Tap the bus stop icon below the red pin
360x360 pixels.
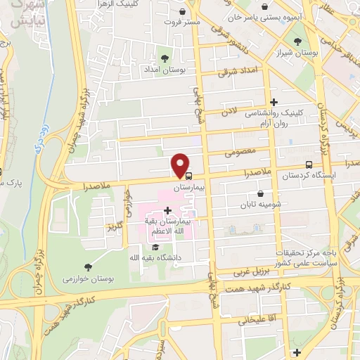click(x=187, y=176)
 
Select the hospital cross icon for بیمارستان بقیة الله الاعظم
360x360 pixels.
click(x=167, y=210)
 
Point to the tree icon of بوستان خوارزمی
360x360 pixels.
click(x=87, y=266)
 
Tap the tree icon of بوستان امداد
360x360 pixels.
click(x=166, y=58)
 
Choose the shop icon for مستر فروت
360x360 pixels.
click(x=184, y=12)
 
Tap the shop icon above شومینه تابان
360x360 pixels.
click(x=260, y=194)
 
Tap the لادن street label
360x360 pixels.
click(x=229, y=112)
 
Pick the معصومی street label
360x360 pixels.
click(x=238, y=150)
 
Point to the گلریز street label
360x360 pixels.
click(x=113, y=226)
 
